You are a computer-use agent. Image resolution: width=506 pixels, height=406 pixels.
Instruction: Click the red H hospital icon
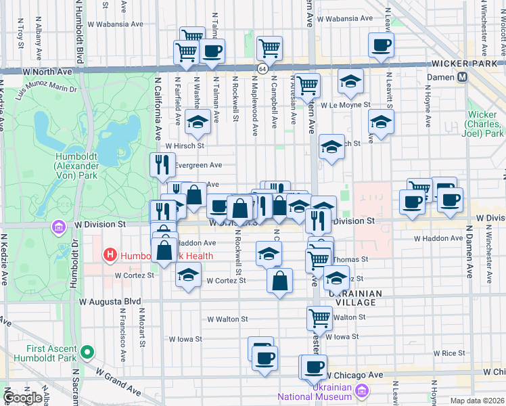tap(109, 255)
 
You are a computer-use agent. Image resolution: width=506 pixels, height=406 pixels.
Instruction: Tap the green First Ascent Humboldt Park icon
tap(87, 353)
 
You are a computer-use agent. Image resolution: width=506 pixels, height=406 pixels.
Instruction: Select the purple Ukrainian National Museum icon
tap(363, 391)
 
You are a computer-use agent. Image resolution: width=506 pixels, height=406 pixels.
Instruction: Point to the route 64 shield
tap(261, 69)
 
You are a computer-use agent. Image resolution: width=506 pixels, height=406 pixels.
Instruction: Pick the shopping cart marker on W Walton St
tap(319, 317)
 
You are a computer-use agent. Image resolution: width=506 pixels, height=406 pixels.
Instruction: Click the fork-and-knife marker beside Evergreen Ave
tap(162, 164)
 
